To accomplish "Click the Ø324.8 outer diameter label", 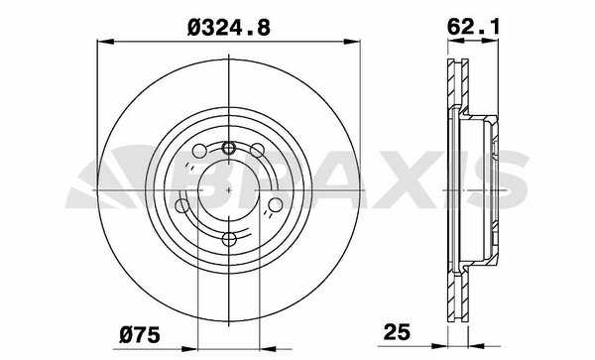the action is pyautogui.click(x=229, y=28).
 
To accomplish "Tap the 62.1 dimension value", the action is pyautogui.click(x=472, y=27).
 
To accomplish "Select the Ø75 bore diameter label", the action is pyautogui.click(x=140, y=335).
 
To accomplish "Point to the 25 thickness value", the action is pyautogui.click(x=397, y=332).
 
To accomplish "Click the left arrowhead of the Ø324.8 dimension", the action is pyautogui.click(x=105, y=42).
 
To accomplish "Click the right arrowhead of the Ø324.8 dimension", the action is pyautogui.click(x=351, y=42).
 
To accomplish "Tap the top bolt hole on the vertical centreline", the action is pyautogui.click(x=228, y=147).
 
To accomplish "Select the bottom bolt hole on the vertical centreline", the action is pyautogui.click(x=229, y=239).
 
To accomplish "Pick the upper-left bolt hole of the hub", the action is pyautogui.click(x=199, y=151).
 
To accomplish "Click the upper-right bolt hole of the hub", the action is pyautogui.click(x=257, y=150).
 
